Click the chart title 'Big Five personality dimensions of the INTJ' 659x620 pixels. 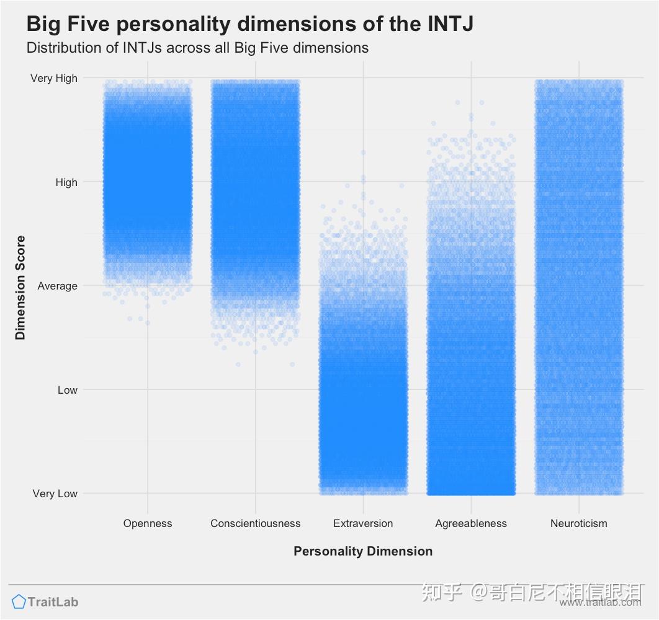coord(249,24)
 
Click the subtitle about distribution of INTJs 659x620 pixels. coord(197,48)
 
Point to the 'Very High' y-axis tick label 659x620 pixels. coord(54,78)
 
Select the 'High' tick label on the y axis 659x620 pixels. coord(66,182)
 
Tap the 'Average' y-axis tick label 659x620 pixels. coord(58,286)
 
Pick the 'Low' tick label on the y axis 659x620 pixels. coord(68,390)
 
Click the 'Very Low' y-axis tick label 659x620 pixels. coord(55,494)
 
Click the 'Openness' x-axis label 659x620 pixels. coord(148,523)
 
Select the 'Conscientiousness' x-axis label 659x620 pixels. coord(255,523)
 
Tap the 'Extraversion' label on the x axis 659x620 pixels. coord(363,523)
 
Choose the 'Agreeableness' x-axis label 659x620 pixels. coord(471,523)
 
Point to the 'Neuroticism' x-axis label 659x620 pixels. coord(578,523)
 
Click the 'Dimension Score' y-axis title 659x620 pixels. coord(20,287)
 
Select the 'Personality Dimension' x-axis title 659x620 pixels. coord(363,551)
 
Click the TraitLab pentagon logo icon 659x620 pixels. coord(19,601)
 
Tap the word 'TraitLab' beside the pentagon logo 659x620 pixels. coord(53,601)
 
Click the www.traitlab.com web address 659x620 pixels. coord(599,603)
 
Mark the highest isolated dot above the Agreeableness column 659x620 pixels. coord(457,102)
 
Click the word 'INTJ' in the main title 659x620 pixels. coord(450,24)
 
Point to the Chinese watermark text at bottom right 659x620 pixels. coord(531,592)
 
